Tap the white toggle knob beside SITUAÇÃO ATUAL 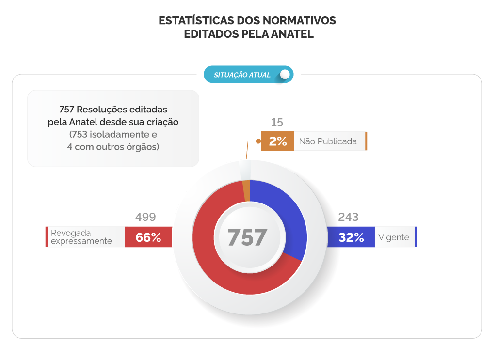(285, 75)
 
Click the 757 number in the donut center (247, 237)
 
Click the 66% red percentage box (148, 237)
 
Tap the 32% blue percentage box (351, 237)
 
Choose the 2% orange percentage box (277, 141)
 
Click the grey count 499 (145, 218)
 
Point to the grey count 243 (348, 218)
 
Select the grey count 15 (277, 123)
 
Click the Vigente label (394, 237)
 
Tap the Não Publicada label (328, 141)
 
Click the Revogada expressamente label (81, 237)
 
